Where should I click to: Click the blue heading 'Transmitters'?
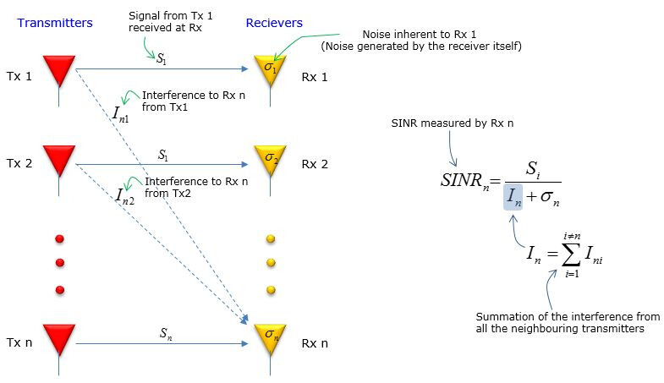pyautogui.click(x=55, y=23)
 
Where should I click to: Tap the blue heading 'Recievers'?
pyautogui.click(x=274, y=23)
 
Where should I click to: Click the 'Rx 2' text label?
pyautogui.click(x=315, y=164)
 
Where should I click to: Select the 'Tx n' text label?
pyautogui.click(x=19, y=342)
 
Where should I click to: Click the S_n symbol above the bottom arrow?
pyautogui.click(x=166, y=333)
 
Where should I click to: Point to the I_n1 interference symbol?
pyautogui.click(x=121, y=114)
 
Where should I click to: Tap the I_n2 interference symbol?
pyautogui.click(x=125, y=196)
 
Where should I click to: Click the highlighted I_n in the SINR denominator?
pyautogui.click(x=513, y=197)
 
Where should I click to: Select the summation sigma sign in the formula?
pyautogui.click(x=571, y=254)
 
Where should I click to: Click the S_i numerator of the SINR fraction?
pyautogui.click(x=533, y=170)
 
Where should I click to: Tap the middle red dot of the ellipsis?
pyautogui.click(x=60, y=263)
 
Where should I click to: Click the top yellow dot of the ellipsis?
pyautogui.click(x=271, y=238)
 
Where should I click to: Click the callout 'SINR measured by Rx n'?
pyautogui.click(x=453, y=123)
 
